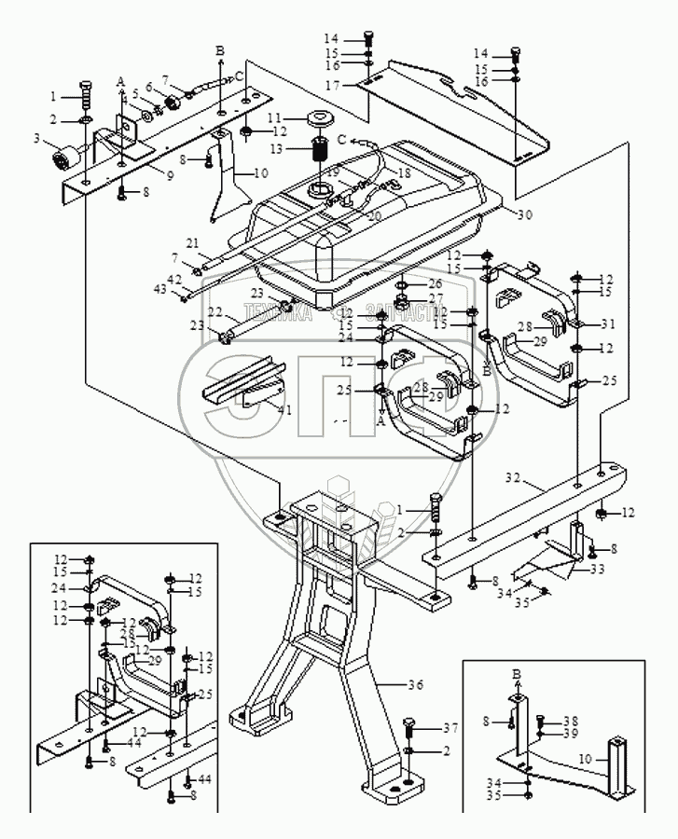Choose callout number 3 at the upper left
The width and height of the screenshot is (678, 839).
tap(38, 139)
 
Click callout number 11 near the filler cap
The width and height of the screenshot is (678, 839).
tap(275, 118)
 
